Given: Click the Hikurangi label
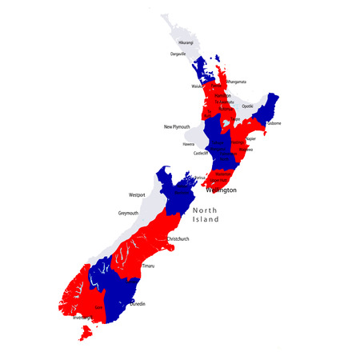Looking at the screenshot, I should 186,42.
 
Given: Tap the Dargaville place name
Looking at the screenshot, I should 178,54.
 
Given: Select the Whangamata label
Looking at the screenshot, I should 236,82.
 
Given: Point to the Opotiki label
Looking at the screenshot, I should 248,106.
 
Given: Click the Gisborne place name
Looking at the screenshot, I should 274,124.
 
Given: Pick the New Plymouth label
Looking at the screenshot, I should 179,126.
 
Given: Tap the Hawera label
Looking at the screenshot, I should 188,144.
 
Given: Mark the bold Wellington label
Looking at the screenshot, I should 222,190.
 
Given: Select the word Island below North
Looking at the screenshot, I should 206,221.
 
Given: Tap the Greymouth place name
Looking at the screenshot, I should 128,214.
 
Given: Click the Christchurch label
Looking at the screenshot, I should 178,239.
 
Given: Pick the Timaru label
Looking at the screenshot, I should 149,266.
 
